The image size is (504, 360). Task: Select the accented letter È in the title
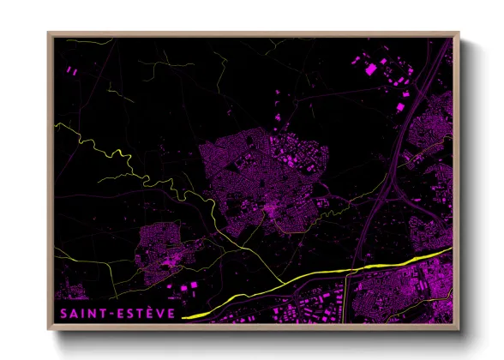pos(151,313)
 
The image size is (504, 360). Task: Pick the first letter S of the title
pos(63,313)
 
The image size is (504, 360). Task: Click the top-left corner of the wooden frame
pos(49,33)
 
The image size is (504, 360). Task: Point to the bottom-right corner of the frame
pos(458,328)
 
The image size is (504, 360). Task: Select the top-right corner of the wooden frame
pos(458,33)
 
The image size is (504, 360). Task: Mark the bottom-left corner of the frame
pos(49,328)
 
